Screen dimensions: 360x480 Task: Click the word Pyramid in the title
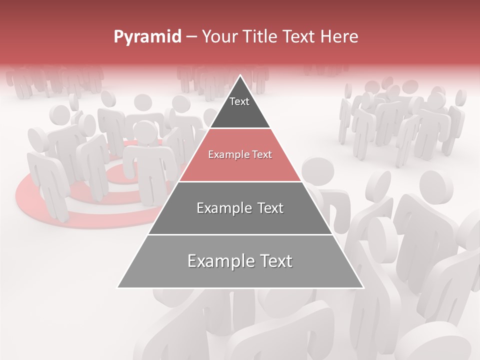tap(147, 37)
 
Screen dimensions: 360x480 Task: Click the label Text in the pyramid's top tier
tap(239, 101)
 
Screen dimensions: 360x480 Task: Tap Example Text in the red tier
tap(240, 154)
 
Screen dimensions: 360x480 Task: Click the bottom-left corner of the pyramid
tap(118, 287)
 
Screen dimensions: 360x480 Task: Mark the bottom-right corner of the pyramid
tap(363, 287)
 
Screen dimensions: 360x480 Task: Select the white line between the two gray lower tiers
tap(240, 234)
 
